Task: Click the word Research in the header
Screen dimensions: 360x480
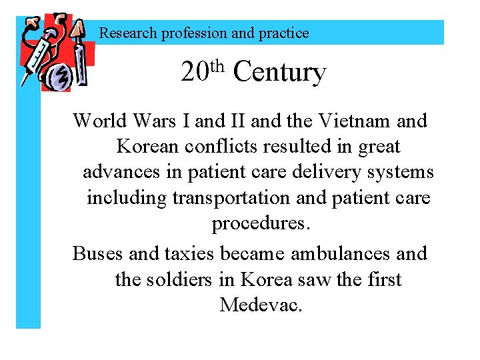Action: [129, 33]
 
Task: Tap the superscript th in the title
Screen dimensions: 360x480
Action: [219, 65]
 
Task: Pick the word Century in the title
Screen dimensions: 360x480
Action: [280, 72]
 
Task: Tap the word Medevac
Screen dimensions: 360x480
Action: [261, 305]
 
